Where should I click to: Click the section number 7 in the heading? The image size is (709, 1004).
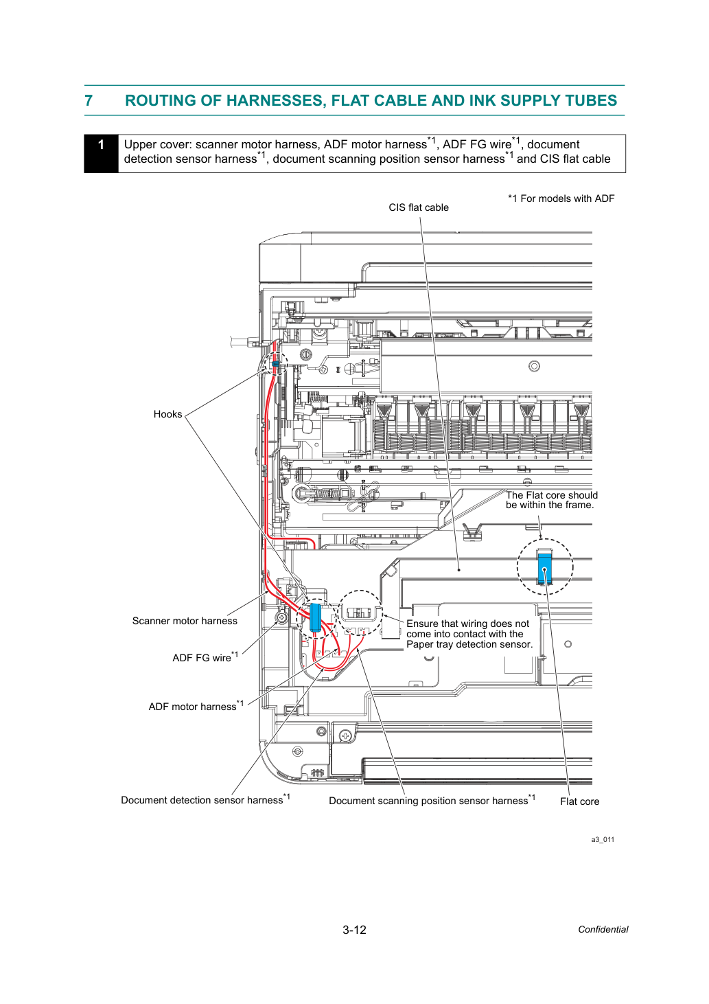(89, 100)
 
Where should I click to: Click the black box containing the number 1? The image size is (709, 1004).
(101, 153)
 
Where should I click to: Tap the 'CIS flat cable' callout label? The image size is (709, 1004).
(418, 207)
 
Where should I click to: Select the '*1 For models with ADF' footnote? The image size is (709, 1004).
(561, 198)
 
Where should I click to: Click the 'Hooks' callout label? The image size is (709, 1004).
(167, 414)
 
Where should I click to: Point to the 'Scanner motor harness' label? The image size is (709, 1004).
(185, 621)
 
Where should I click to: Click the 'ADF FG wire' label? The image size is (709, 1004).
(205, 657)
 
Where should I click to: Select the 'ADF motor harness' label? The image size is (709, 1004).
(196, 706)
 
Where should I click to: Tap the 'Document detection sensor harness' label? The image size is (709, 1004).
(206, 799)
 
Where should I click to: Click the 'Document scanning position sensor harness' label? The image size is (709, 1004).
(432, 800)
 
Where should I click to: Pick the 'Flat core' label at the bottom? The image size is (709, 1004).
(579, 801)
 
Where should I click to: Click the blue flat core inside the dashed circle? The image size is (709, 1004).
(545, 569)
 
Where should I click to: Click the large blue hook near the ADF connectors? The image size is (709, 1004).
(315, 617)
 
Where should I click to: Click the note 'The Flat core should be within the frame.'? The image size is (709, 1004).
(551, 500)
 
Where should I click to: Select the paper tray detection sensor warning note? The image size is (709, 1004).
(469, 634)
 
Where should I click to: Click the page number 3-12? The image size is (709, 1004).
(354, 930)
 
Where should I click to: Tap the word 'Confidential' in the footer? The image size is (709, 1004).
(603, 929)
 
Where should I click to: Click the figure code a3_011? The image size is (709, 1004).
(603, 839)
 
